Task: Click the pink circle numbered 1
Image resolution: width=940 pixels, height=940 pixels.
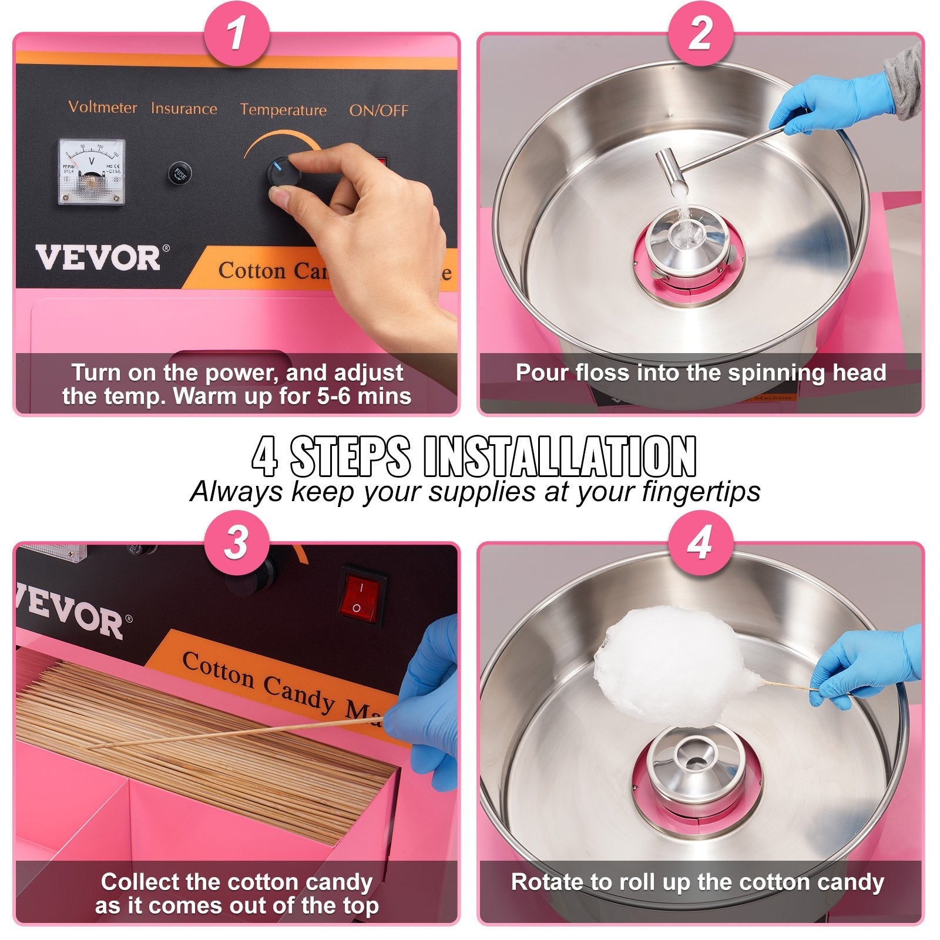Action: click(x=236, y=33)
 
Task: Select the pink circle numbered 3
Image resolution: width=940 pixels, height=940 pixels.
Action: click(x=236, y=542)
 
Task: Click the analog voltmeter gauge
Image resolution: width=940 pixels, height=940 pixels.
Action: click(x=92, y=172)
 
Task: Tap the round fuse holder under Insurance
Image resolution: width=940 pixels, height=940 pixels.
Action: click(x=179, y=173)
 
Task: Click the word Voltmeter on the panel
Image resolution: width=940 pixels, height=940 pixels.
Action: click(x=102, y=107)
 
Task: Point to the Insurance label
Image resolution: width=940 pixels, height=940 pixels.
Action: click(x=184, y=109)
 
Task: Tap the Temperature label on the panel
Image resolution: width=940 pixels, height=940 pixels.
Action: click(x=283, y=110)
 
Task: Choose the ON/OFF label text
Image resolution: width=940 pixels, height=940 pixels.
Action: click(x=378, y=110)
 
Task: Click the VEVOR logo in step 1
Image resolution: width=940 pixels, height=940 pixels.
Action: click(x=98, y=258)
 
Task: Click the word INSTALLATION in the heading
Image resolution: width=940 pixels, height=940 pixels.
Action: click(x=559, y=457)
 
